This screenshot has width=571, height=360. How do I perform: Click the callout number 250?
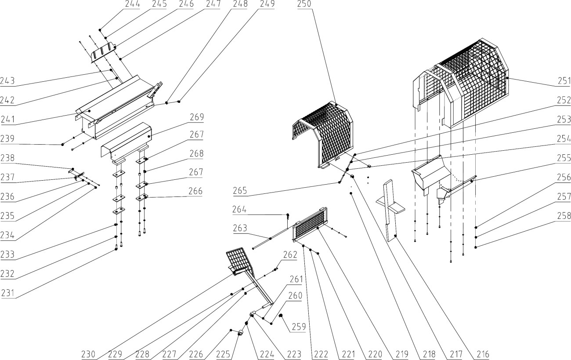[x=304, y=4]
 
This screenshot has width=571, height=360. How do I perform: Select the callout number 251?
[x=564, y=81]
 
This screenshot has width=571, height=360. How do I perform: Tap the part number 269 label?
[x=197, y=117]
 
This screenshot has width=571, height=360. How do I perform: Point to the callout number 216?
[x=483, y=354]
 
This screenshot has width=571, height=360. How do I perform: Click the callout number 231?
[x=7, y=293]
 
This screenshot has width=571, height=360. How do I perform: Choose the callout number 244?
[x=133, y=4]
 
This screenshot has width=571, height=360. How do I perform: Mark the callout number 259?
[x=299, y=327]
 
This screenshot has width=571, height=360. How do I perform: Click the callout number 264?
[x=239, y=209]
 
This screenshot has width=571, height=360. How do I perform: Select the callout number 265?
[x=240, y=191]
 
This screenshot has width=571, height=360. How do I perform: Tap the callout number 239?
[x=7, y=138]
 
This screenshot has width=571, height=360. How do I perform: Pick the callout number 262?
[x=290, y=255]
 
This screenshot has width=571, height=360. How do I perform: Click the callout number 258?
[x=564, y=216]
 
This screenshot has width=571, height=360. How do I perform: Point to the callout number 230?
[x=88, y=354]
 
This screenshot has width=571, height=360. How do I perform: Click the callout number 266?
[x=195, y=191]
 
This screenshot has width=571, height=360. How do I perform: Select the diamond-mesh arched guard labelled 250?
[x=323, y=135]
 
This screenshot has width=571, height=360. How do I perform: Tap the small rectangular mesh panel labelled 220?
[x=310, y=224]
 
